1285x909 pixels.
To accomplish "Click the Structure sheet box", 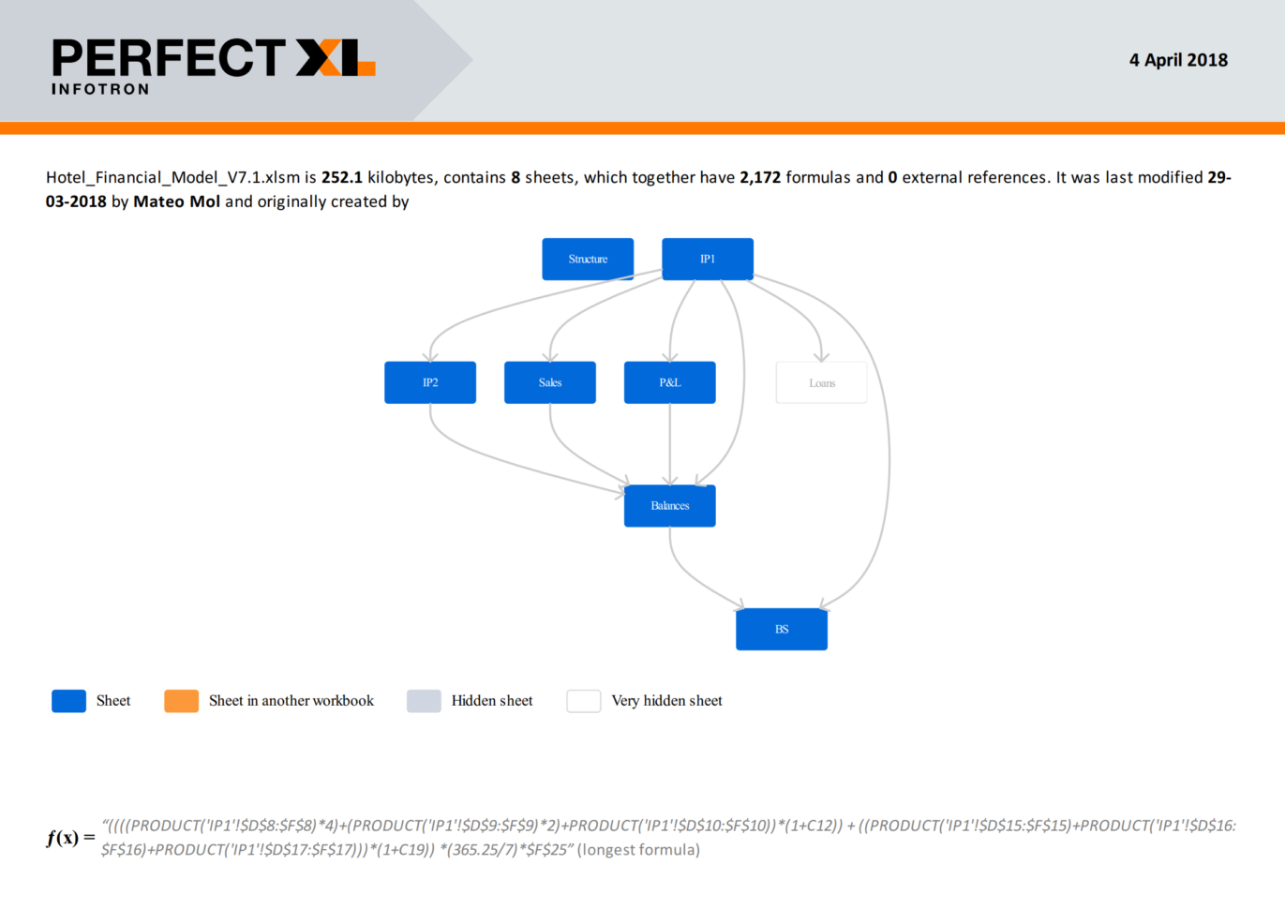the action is pos(588,259).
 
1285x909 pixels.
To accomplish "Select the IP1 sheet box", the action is pos(708,259).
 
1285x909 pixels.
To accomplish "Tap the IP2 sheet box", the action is pos(430,382).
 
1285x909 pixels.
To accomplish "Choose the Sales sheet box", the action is pos(549,382).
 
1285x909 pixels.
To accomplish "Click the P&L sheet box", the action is pos(669,382).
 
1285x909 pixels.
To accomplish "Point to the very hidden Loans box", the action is pos(821,382).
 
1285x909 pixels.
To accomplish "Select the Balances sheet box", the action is pos(669,506).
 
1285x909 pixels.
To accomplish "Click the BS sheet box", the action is pos(782,629).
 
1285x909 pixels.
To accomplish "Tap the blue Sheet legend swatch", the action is pos(68,701).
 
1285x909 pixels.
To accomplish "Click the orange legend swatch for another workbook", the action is pos(181,701).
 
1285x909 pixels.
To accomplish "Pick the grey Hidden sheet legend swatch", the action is pos(424,701).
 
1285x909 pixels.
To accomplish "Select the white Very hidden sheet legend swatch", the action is pos(584,701).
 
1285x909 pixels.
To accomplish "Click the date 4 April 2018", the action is pos(1178,60).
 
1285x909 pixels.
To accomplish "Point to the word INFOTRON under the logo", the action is pos(100,89).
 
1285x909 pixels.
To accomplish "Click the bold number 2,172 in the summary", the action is pos(760,178).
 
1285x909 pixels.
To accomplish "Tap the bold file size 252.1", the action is pos(342,178).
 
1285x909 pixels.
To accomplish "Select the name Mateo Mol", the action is pos(177,201).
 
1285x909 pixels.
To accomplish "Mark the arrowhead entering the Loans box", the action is pos(821,357).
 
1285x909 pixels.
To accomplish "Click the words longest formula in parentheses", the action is pos(638,849).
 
